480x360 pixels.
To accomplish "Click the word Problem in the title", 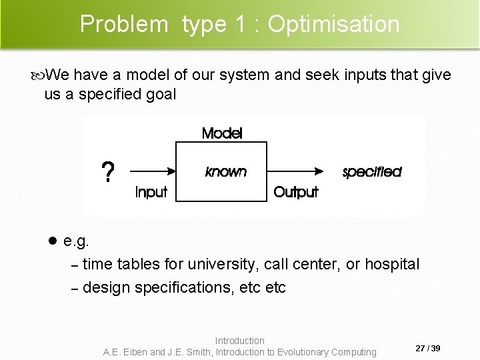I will click(124, 24).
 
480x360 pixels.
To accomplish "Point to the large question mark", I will click(106, 173).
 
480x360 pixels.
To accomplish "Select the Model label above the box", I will click(222, 133).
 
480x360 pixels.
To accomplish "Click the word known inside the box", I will click(226, 172).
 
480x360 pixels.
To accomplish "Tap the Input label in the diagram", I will click(151, 193).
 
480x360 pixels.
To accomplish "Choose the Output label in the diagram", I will click(296, 193).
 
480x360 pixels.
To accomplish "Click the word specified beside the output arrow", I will click(371, 172).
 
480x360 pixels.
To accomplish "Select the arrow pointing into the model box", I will click(150, 171).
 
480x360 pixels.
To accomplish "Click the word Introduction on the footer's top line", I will click(240, 341).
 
